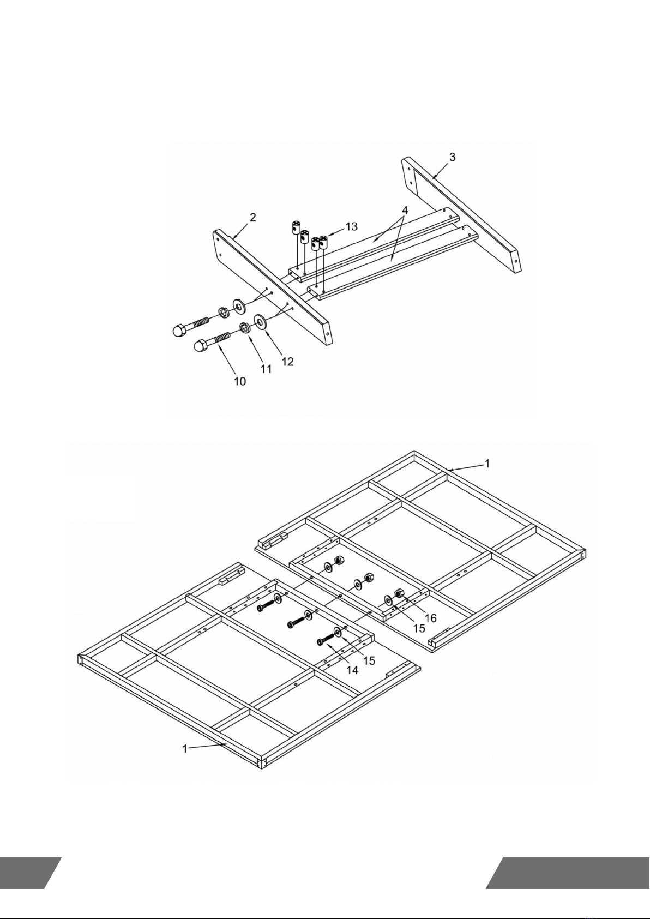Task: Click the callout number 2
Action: point(252,218)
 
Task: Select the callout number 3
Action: point(452,157)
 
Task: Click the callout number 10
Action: point(240,381)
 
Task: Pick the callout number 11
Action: point(266,369)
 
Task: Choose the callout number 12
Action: point(287,361)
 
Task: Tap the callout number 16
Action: point(430,618)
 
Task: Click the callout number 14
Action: point(353,670)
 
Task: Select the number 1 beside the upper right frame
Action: point(487,463)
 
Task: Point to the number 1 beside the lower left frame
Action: point(185,749)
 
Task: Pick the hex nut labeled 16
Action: point(399,593)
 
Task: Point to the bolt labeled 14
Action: point(325,639)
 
